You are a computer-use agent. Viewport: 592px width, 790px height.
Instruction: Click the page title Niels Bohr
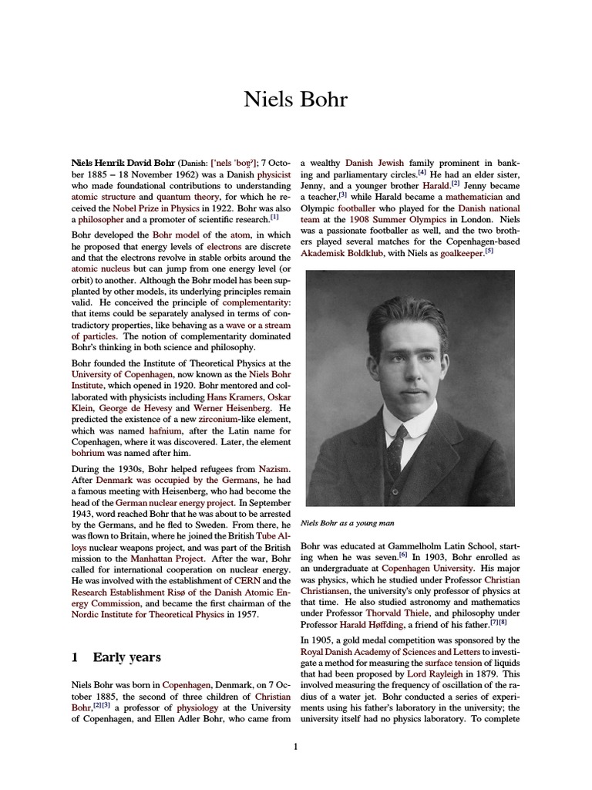click(x=296, y=100)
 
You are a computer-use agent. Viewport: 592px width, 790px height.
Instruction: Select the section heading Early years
click(x=126, y=657)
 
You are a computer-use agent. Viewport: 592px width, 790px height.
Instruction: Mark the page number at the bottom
click(x=295, y=746)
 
